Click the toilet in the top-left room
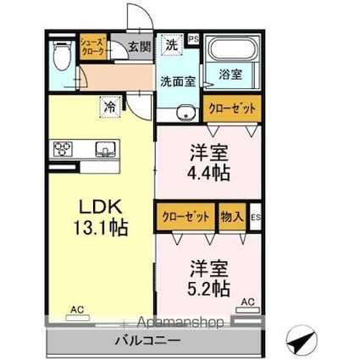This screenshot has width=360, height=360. pos(61,56)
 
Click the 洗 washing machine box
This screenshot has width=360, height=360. pos(170,44)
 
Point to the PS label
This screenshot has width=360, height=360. pos(192,39)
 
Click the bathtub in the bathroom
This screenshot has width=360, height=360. pos(231,49)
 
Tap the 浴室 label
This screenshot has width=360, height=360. pos(231,75)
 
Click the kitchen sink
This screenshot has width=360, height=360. pos(106,149)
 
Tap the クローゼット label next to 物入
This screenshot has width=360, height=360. pos(185,218)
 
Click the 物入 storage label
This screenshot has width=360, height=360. pos(231,218)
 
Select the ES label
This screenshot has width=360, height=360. pos(255,218)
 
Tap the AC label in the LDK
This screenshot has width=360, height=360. pos(77,310)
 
